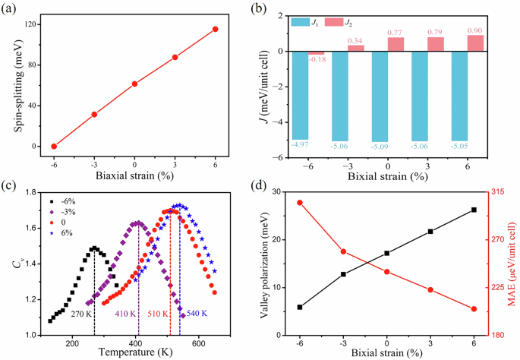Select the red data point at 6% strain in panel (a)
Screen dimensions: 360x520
(216, 29)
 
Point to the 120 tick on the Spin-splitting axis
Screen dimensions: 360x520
(33, 25)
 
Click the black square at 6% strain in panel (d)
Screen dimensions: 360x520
(474, 210)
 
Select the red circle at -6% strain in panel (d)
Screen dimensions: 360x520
(300, 203)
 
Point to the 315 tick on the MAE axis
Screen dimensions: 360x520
(501, 192)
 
